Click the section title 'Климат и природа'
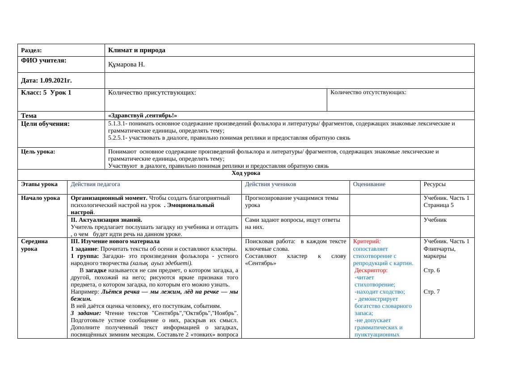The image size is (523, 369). [137, 50]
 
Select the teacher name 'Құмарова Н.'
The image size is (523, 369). [127, 65]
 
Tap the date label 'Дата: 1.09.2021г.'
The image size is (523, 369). [46, 81]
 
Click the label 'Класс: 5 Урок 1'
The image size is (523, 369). [46, 93]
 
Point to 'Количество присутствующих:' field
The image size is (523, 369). [152, 93]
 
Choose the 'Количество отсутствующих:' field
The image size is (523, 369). [368, 92]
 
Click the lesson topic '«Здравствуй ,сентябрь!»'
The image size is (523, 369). [143, 116]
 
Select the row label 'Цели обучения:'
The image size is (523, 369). [45, 124]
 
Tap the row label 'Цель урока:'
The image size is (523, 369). [38, 152]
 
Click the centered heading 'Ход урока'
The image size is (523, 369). [246, 173]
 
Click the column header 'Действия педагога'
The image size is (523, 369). [95, 184]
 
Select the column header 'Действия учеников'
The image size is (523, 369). [270, 184]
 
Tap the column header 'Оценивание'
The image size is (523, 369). [369, 184]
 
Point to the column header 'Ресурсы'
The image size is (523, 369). [434, 184]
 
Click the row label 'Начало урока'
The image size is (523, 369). [40, 198]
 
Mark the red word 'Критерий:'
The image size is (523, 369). [367, 241]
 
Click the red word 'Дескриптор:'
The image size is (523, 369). [371, 270]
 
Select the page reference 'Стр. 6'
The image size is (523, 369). [431, 270]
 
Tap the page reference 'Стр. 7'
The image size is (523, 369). [431, 292]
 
